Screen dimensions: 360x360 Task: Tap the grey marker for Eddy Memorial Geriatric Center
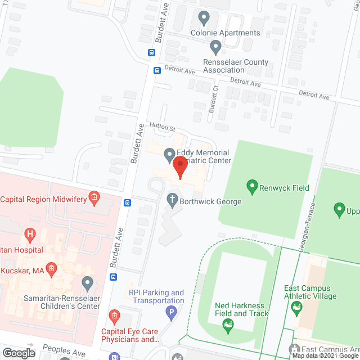pos(168,153)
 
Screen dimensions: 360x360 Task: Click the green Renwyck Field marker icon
pos(252,186)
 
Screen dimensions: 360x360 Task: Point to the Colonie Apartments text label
pos(225,33)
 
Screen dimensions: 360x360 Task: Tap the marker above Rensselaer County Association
pos(214,47)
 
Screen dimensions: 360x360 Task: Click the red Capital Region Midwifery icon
pos(93,197)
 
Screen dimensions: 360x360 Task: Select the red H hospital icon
pos(30,233)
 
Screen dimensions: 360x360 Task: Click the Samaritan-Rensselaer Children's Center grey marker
pos(87,281)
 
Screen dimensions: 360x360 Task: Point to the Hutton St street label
pos(163,128)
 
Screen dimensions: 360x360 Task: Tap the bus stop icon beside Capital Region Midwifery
pos(128,203)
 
